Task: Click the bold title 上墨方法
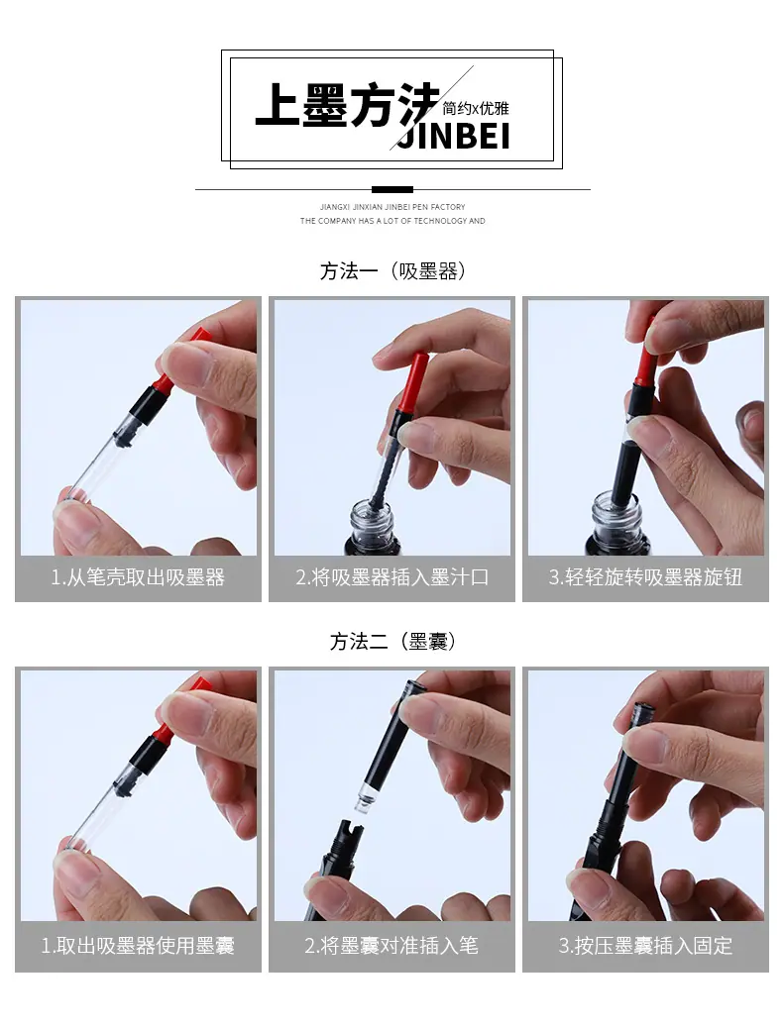click(x=348, y=105)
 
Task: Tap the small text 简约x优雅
click(x=475, y=108)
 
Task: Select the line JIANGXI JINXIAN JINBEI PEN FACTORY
click(x=392, y=207)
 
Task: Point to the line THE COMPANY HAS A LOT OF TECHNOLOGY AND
click(x=392, y=221)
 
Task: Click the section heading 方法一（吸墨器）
click(x=392, y=271)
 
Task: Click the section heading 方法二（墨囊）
click(x=392, y=641)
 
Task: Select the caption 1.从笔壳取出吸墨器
click(x=138, y=577)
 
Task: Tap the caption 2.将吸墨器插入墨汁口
click(x=392, y=577)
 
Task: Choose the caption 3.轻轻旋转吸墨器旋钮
click(x=645, y=577)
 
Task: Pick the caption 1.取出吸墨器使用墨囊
click(x=138, y=946)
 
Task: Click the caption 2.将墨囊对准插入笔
click(x=392, y=946)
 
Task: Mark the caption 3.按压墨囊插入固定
click(x=645, y=946)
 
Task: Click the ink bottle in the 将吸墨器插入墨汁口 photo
click(x=371, y=527)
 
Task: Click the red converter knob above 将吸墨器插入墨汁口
click(x=411, y=382)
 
